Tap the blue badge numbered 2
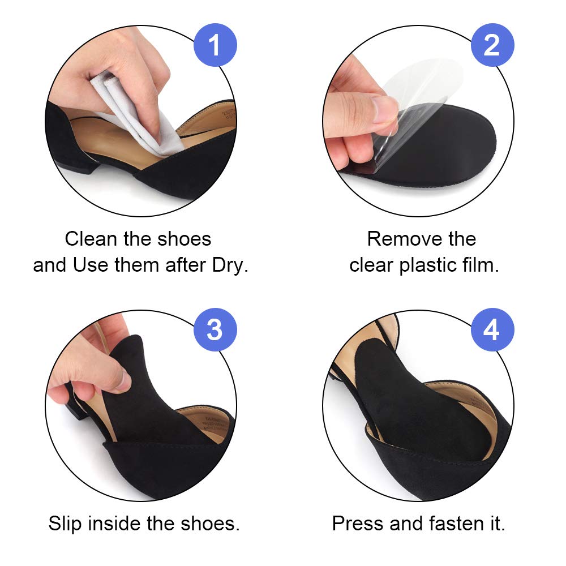pos(491,45)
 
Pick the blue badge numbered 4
pos(491,329)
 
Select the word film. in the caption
pos(481,265)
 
